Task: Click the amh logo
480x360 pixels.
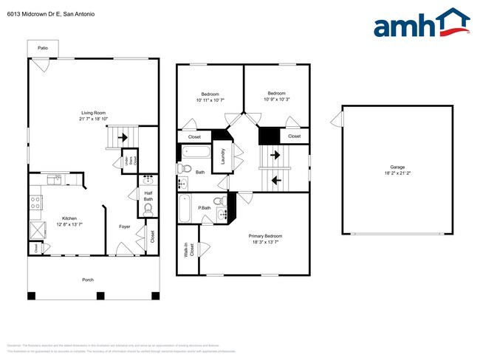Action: coord(422,23)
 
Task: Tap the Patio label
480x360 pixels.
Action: coord(43,48)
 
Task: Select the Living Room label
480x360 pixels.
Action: coord(94,112)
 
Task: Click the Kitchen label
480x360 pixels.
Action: coord(69,218)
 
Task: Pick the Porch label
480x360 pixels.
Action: coord(87,280)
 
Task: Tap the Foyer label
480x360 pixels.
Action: coord(125,226)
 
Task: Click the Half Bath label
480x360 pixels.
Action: coord(148,197)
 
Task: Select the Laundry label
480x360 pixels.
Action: coord(223,156)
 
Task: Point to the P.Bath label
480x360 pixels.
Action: coord(204,208)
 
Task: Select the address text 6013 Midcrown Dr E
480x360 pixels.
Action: coord(34,14)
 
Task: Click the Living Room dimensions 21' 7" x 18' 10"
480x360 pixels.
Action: coord(94,119)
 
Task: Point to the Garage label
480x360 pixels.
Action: coord(397,168)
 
